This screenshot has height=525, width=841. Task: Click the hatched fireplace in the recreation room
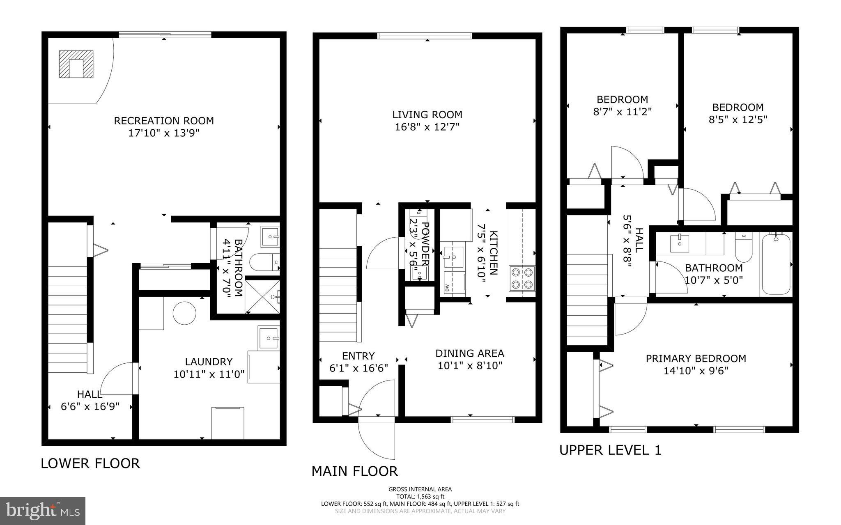point(76,64)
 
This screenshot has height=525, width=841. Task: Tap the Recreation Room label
point(164,121)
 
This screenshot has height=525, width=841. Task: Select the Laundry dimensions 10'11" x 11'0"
point(209,374)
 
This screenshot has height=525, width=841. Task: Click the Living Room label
point(427,115)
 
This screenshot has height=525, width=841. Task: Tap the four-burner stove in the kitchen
point(522,278)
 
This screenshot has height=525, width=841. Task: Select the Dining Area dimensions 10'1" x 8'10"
point(470,366)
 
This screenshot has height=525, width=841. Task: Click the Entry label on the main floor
point(358,356)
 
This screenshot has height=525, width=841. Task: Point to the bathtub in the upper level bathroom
point(776,264)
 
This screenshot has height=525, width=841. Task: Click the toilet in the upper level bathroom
point(743,248)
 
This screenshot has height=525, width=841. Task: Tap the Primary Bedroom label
point(696,358)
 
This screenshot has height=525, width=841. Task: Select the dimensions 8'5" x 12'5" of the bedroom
point(738,120)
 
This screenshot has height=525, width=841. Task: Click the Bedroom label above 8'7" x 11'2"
point(622,99)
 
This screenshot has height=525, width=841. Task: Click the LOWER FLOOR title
point(90,463)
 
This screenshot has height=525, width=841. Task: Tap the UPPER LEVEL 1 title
point(610,450)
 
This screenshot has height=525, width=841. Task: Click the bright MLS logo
point(43,511)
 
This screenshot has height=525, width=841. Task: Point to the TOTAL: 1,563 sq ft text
point(420,496)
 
